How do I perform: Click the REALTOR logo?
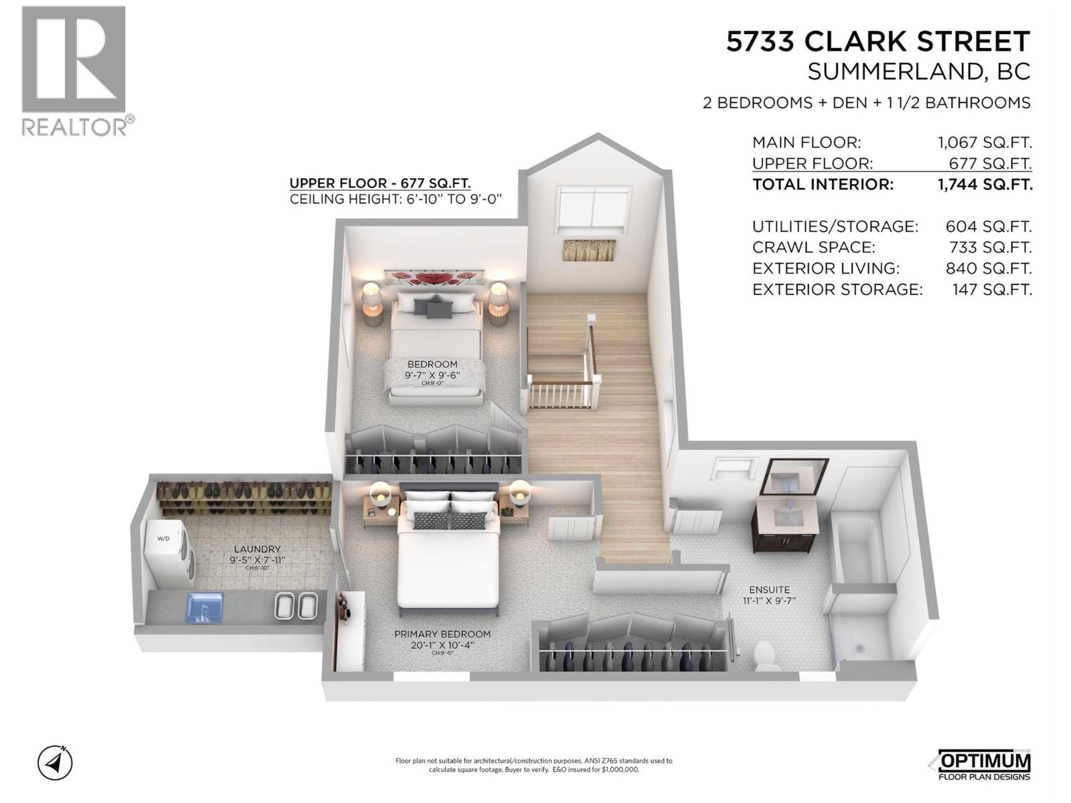pyautogui.click(x=74, y=70)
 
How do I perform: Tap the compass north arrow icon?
pyautogui.click(x=55, y=762)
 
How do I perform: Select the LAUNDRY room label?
pyautogui.click(x=257, y=549)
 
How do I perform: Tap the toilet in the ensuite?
pyautogui.click(x=767, y=655)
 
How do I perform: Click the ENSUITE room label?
pyautogui.click(x=769, y=590)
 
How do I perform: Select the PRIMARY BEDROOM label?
pyautogui.click(x=442, y=634)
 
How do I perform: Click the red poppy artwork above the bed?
pyautogui.click(x=433, y=277)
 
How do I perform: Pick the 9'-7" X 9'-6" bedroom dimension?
pyautogui.click(x=432, y=375)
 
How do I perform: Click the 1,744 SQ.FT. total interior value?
pyautogui.click(x=984, y=185)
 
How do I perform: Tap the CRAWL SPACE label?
pyautogui.click(x=813, y=247)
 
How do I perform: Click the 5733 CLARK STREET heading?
pyautogui.click(x=878, y=41)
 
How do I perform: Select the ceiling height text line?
pyautogui.click(x=395, y=199)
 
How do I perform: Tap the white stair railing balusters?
pyautogui.click(x=561, y=395)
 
